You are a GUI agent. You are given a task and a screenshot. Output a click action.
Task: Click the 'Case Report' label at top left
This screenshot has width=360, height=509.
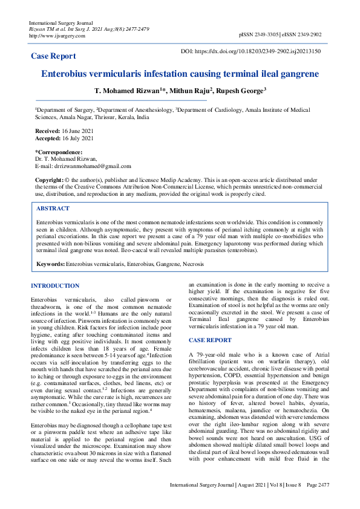pyautogui.click(x=54, y=56)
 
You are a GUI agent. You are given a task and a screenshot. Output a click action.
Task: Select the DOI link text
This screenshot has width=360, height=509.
pyautogui.click(x=260, y=53)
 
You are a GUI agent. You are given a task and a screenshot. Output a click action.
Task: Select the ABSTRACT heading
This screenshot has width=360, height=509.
pyautogui.click(x=53, y=209)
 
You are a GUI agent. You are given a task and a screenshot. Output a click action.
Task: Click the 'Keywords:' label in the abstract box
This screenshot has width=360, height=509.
pyautogui.click(x=51, y=265)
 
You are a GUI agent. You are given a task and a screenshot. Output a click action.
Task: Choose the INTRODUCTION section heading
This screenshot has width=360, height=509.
pyautogui.click(x=55, y=286)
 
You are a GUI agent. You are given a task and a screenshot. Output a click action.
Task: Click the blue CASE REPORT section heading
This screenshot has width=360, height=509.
pyautogui.click(x=210, y=340)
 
